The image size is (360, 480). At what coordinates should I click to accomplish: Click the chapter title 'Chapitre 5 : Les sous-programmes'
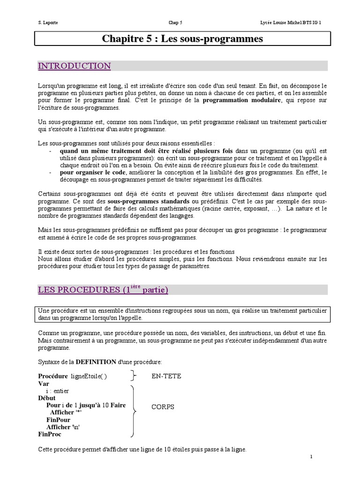[x=182, y=39]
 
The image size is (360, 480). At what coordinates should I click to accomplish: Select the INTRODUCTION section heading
[x=74, y=66]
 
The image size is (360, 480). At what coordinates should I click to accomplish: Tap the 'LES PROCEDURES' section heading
[x=103, y=290]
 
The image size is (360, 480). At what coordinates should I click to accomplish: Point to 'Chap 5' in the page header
[x=176, y=22]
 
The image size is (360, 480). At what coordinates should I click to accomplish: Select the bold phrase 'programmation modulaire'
[x=242, y=100]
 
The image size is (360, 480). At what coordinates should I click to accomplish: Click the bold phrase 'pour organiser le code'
[x=90, y=172]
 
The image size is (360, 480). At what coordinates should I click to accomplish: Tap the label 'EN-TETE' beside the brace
[x=166, y=376]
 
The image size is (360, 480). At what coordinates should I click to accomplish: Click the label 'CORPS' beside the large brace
[x=163, y=407]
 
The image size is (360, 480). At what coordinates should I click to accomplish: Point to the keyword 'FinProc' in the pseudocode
[x=50, y=435]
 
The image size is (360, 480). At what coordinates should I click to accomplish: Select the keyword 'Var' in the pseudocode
[x=44, y=383]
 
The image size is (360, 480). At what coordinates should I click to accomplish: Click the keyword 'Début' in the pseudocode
[x=46, y=398]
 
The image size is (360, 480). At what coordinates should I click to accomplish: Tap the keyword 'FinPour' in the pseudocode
[x=58, y=420]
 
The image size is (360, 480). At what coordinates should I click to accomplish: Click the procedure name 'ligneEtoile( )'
[x=89, y=376]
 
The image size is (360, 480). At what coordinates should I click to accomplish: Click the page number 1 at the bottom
[x=311, y=456]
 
